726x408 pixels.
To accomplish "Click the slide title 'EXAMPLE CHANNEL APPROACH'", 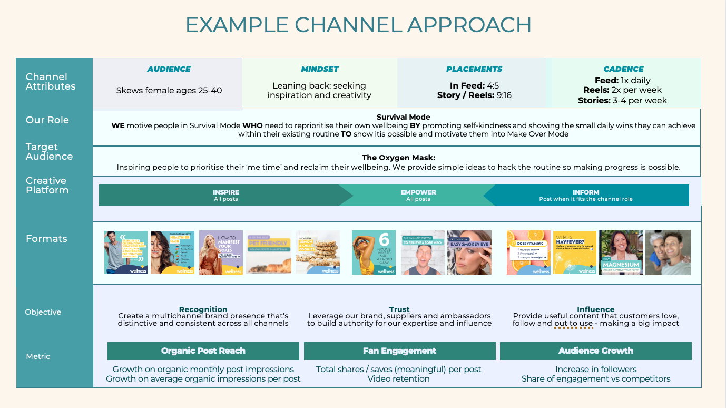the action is click(358, 25).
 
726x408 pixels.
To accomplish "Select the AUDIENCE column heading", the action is click(169, 69).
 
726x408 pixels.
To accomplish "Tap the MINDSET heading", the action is click(320, 69).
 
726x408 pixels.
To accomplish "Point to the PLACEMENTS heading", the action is click(474, 69).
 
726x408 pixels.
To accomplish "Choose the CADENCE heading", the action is click(624, 69).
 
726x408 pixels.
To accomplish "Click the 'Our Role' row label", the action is click(47, 120).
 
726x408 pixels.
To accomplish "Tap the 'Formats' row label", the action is click(46, 239).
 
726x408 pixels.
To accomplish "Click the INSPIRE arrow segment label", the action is click(226, 192).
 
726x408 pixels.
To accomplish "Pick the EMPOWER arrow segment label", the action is click(418, 192).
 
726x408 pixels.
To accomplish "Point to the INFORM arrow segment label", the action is click(586, 192).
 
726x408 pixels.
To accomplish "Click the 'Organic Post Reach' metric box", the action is click(203, 351).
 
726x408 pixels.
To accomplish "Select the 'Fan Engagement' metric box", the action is click(399, 351).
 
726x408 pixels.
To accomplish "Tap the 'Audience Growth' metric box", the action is click(596, 351).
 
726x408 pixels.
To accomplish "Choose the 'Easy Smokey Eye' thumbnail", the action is click(469, 252).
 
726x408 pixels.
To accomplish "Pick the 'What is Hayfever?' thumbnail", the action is click(575, 252).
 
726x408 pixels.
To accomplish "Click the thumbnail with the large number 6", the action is click(374, 252).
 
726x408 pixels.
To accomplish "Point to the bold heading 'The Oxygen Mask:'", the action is click(398, 158).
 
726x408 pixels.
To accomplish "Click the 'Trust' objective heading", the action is click(400, 309).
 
